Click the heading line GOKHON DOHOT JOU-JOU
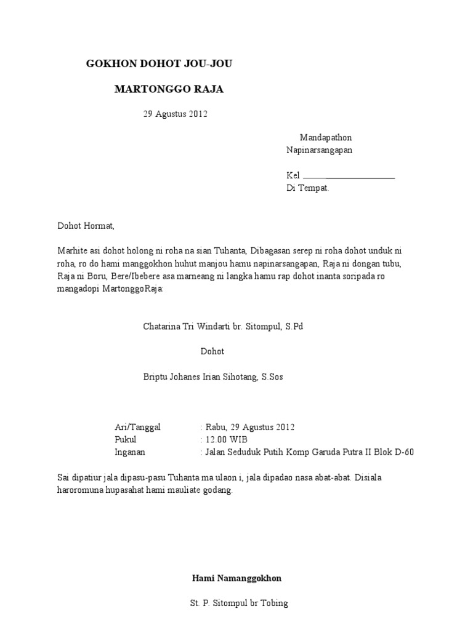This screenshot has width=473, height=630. [159, 63]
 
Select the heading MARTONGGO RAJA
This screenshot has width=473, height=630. [169, 89]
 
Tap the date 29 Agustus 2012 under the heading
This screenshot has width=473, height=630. [176, 114]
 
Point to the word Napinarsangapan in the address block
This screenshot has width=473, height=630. [319, 150]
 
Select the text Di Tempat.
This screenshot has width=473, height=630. [308, 188]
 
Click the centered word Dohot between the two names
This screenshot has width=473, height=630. [212, 352]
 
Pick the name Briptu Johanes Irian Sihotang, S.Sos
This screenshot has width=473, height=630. [213, 377]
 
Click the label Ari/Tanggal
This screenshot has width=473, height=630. [137, 428]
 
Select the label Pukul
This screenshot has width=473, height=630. [126, 440]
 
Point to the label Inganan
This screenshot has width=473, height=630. [130, 452]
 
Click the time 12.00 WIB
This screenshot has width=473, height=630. [227, 440]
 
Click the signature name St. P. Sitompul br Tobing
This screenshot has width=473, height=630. [239, 604]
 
